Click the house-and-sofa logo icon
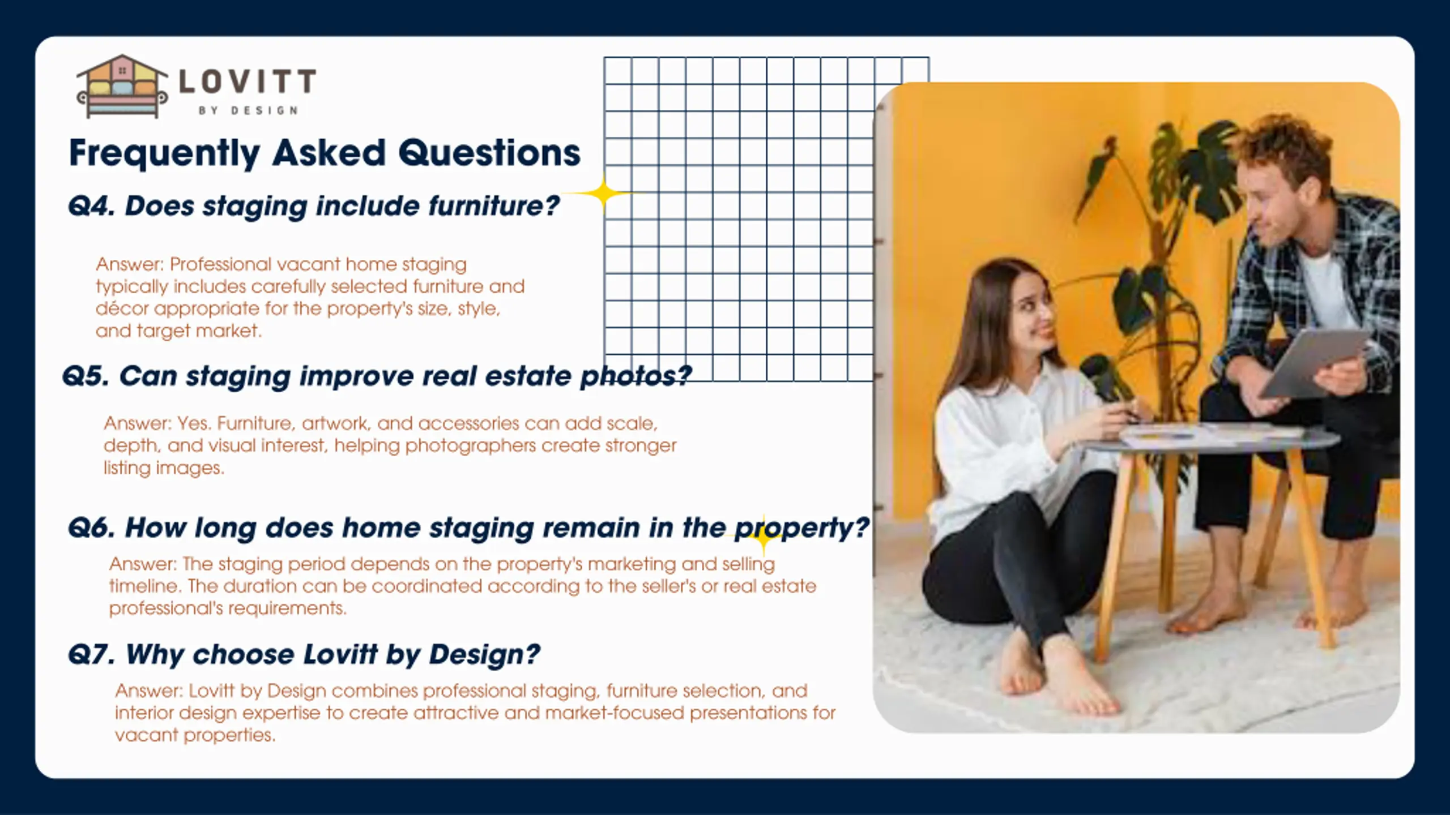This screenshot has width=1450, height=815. tap(122, 86)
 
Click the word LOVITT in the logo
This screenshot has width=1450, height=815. tap(248, 81)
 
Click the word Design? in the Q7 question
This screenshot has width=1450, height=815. tap(484, 654)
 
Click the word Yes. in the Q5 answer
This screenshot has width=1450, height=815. tap(194, 423)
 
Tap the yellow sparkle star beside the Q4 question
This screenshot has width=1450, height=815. tap(604, 194)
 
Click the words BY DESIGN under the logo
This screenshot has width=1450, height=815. tap(248, 110)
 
